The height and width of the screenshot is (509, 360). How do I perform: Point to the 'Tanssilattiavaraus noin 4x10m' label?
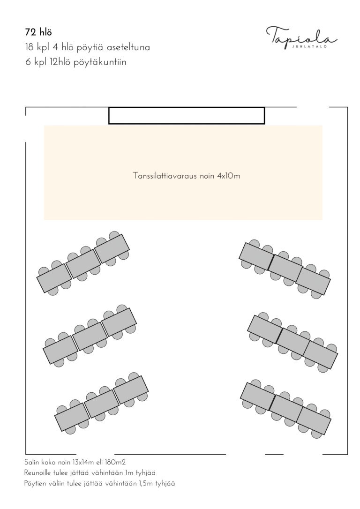click(187, 176)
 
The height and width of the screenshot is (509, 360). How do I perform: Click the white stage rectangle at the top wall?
click(187, 116)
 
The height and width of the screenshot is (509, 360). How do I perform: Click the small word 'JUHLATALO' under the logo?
click(309, 46)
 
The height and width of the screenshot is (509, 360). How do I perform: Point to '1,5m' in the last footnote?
click(146, 483)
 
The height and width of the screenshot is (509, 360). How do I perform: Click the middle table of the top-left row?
click(83, 263)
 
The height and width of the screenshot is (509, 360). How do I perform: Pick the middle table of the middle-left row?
click(90, 337)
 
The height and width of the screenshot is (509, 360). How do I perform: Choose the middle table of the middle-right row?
click(293, 341)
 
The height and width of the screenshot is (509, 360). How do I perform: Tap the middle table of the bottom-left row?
click(102, 404)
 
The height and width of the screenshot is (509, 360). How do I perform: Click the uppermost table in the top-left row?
click(112, 249)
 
